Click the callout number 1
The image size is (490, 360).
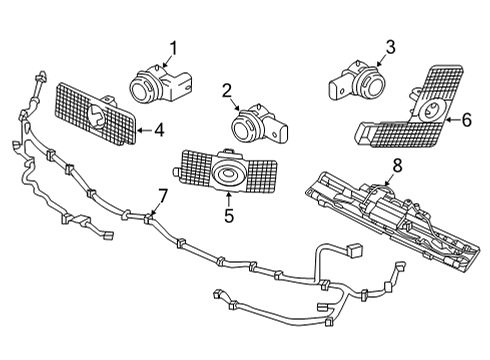pyautogui.click(x=172, y=46)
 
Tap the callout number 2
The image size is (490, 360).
pyautogui.click(x=229, y=92)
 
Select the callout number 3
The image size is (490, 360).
pyautogui.click(x=390, y=46)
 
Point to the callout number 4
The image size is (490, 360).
pyautogui.click(x=159, y=129)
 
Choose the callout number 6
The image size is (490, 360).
pyautogui.click(x=464, y=120)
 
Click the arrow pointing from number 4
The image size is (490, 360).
pyautogui.click(x=143, y=129)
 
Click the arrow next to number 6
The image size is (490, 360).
pyautogui.click(x=449, y=120)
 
